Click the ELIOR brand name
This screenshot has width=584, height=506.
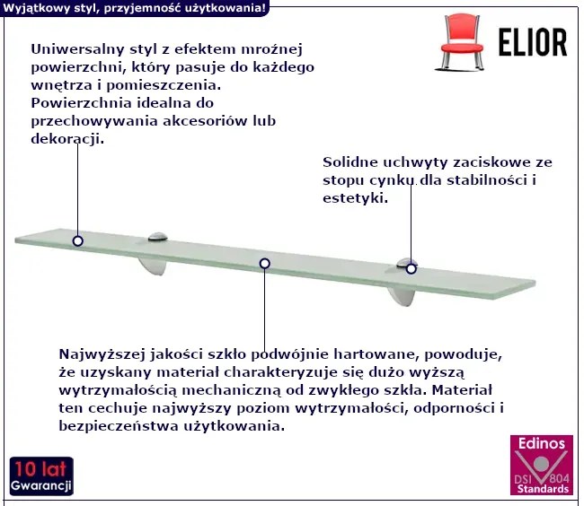click(x=533, y=42)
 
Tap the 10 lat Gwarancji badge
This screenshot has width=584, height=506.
click(x=41, y=476)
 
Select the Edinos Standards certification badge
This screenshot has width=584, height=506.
click(x=542, y=465)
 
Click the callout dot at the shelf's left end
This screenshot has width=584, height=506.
click(x=77, y=241)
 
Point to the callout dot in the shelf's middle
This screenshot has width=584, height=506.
click(x=264, y=264)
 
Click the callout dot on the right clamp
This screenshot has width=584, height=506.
click(x=411, y=268)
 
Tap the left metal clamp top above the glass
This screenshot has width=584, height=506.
click(x=157, y=237)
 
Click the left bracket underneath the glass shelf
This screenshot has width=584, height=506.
click(x=153, y=267)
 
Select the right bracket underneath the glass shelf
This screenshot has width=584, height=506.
click(x=401, y=296)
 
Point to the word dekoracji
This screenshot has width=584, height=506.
click(x=67, y=139)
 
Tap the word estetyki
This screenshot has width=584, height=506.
click(x=355, y=198)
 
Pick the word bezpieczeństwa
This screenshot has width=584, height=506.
click(x=119, y=425)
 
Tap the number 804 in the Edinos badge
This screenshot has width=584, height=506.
click(x=559, y=477)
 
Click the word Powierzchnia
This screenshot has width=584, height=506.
click(x=81, y=103)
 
